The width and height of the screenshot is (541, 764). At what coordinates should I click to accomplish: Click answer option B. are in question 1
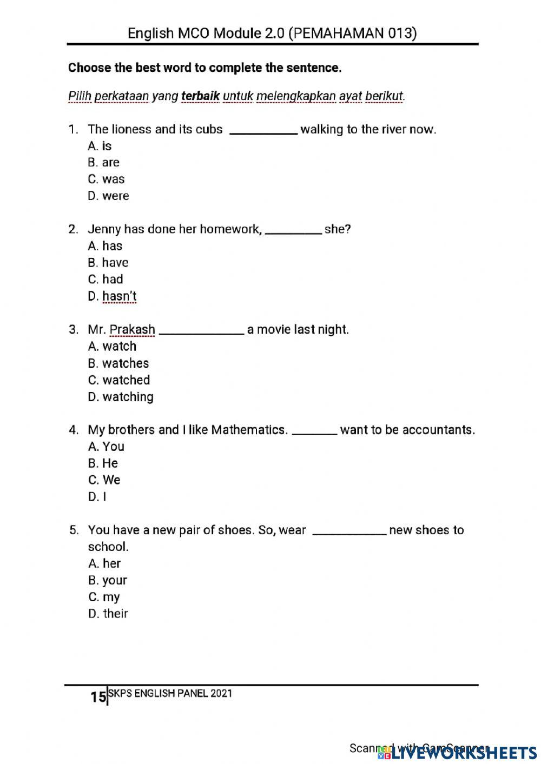click(x=103, y=162)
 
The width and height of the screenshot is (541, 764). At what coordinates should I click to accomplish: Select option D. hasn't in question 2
click(x=112, y=296)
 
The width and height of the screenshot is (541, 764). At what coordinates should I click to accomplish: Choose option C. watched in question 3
click(x=118, y=380)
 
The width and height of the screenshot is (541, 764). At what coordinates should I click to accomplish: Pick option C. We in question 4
click(x=104, y=480)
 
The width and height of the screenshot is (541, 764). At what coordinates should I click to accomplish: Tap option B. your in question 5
click(x=107, y=580)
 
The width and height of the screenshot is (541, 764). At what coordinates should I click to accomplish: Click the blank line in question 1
click(x=263, y=132)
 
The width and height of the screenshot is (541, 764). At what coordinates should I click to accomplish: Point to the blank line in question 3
click(x=201, y=333)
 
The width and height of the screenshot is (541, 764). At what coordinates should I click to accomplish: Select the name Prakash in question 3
click(x=132, y=330)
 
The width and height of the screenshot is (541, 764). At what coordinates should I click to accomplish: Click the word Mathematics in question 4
click(x=248, y=430)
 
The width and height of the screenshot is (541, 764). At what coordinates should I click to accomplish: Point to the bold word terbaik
click(x=200, y=96)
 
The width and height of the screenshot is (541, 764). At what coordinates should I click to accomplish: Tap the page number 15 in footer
click(x=98, y=697)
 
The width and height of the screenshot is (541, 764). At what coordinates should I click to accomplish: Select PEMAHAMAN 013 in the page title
click(x=353, y=34)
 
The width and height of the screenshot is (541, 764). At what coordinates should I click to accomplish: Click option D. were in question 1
click(x=108, y=196)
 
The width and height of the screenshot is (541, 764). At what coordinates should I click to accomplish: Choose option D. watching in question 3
click(x=121, y=397)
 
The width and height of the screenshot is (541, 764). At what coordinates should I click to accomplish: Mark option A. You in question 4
click(x=106, y=447)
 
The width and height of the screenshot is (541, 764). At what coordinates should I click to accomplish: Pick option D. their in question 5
click(x=108, y=614)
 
